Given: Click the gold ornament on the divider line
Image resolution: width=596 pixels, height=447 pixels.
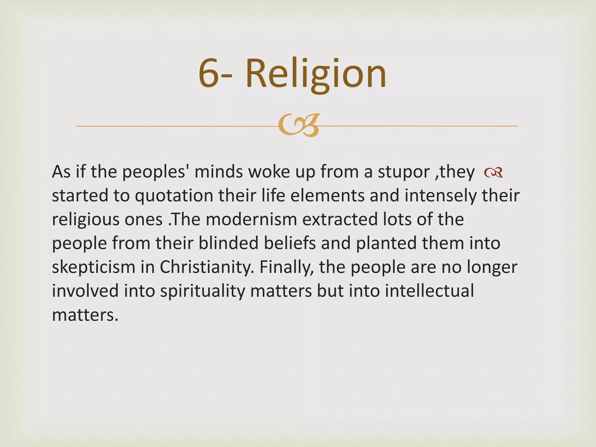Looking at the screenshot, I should [x=299, y=125].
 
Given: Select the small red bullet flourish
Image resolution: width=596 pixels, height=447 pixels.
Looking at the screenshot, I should [x=493, y=172].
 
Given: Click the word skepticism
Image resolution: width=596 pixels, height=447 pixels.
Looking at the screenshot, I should [x=93, y=267].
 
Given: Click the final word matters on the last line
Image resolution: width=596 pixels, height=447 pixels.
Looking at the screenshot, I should [x=85, y=315].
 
